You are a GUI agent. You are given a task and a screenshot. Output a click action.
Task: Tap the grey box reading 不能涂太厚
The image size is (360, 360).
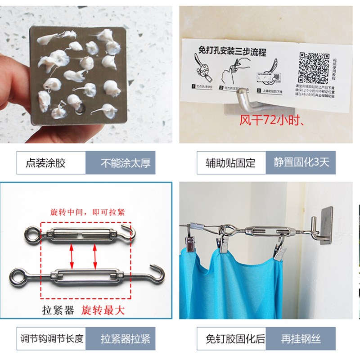[x=120, y=163]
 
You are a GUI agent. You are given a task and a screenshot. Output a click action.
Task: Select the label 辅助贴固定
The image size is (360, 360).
[x=231, y=163]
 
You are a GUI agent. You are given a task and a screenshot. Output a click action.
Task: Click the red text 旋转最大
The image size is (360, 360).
[x=103, y=310]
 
